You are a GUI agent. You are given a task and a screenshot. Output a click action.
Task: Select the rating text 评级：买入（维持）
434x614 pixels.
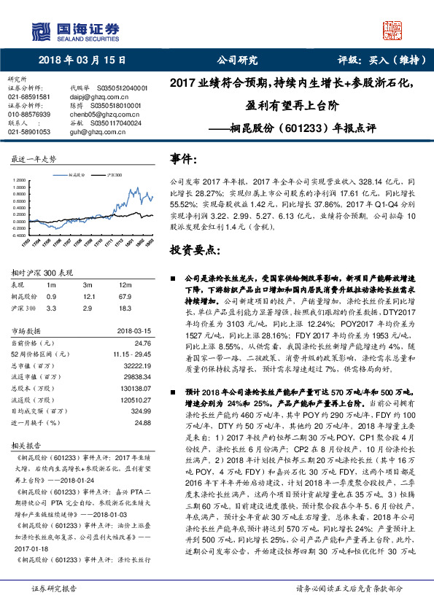pos(376,61)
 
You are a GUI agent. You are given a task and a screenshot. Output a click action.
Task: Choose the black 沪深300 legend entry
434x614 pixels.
pos(111,176)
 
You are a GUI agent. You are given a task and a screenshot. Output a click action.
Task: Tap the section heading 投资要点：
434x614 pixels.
pos(194,249)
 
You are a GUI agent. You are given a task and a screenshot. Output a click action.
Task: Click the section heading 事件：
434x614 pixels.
pos(184,158)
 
